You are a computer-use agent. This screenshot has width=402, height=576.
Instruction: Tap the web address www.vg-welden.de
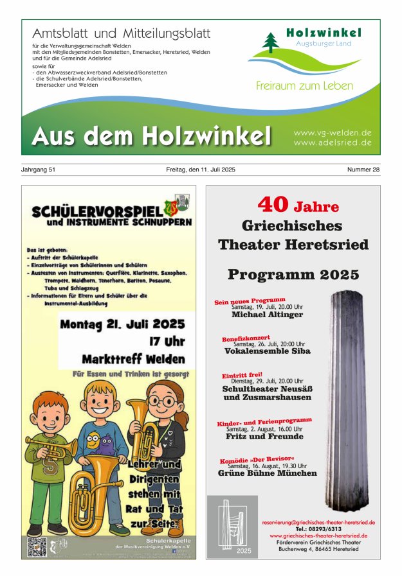point(333,132)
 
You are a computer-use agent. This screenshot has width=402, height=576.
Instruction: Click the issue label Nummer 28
point(363,170)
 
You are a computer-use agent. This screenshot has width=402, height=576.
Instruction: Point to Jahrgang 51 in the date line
point(39,170)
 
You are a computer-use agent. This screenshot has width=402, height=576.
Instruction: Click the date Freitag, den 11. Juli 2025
point(201,170)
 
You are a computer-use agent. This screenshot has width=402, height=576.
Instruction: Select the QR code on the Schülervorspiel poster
point(37,546)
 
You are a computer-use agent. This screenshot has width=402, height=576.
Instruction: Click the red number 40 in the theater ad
point(273,204)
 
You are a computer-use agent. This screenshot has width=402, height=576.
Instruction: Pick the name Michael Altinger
point(267,315)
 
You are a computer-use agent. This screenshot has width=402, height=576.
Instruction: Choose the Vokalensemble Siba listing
point(267,351)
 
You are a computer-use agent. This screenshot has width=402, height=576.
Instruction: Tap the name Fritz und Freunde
point(264,437)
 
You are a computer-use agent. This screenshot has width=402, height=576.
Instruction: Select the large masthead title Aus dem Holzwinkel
point(151,135)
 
